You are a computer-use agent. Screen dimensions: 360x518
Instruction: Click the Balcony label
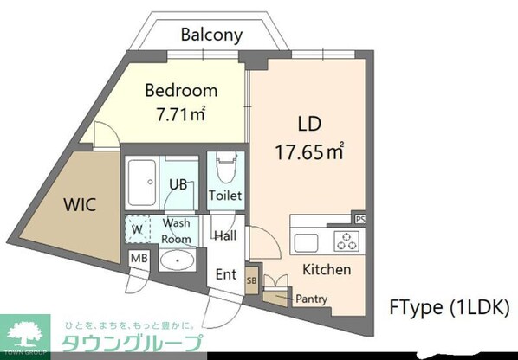coord(211,35)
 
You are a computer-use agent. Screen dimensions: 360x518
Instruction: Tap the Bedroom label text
coord(181,90)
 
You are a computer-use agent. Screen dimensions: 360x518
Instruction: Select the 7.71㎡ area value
coord(180,113)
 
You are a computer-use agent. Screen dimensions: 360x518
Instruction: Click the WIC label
coord(78,205)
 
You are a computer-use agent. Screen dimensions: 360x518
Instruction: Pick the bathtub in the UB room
coord(139,183)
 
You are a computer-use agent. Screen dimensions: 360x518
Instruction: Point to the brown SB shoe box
coord(251,280)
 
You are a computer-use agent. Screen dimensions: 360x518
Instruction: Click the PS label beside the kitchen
coord(359,220)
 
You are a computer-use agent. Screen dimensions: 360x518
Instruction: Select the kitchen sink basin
coord(307,240)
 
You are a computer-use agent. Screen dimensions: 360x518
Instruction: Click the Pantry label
coord(312,299)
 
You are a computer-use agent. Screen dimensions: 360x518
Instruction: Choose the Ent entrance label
coord(225,274)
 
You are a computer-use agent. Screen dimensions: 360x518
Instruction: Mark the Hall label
coord(225,235)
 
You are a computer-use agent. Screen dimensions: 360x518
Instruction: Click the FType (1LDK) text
coord(448,306)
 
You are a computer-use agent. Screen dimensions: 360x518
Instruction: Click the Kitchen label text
coord(327,269)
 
